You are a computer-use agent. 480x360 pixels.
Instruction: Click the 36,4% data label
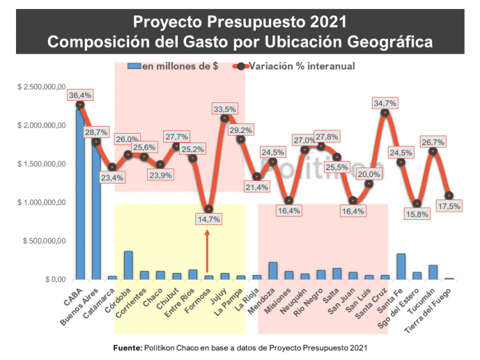click(x=80, y=95)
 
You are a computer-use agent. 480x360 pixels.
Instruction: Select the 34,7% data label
click(x=385, y=103)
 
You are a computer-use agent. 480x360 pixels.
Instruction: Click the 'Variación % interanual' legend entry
click(x=295, y=66)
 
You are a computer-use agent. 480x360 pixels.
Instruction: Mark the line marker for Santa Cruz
click(x=385, y=113)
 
